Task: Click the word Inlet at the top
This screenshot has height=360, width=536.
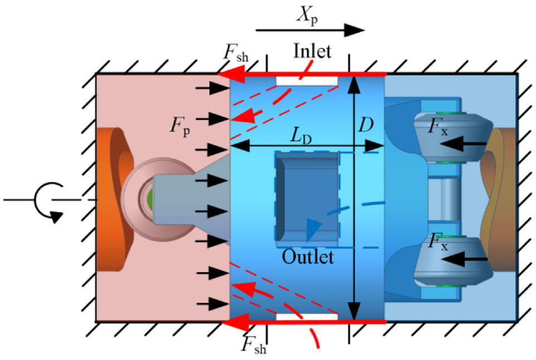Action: click(312, 52)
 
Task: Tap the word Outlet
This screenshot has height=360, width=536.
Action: click(307, 257)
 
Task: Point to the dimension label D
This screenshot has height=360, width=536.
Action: click(365, 125)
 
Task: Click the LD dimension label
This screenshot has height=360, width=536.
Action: click(299, 135)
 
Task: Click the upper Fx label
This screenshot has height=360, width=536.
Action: click(437, 126)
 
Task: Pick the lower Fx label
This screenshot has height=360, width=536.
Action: click(437, 243)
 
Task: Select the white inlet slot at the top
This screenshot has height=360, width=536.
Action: click(307, 81)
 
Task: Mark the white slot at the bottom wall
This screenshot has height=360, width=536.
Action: click(307, 317)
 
